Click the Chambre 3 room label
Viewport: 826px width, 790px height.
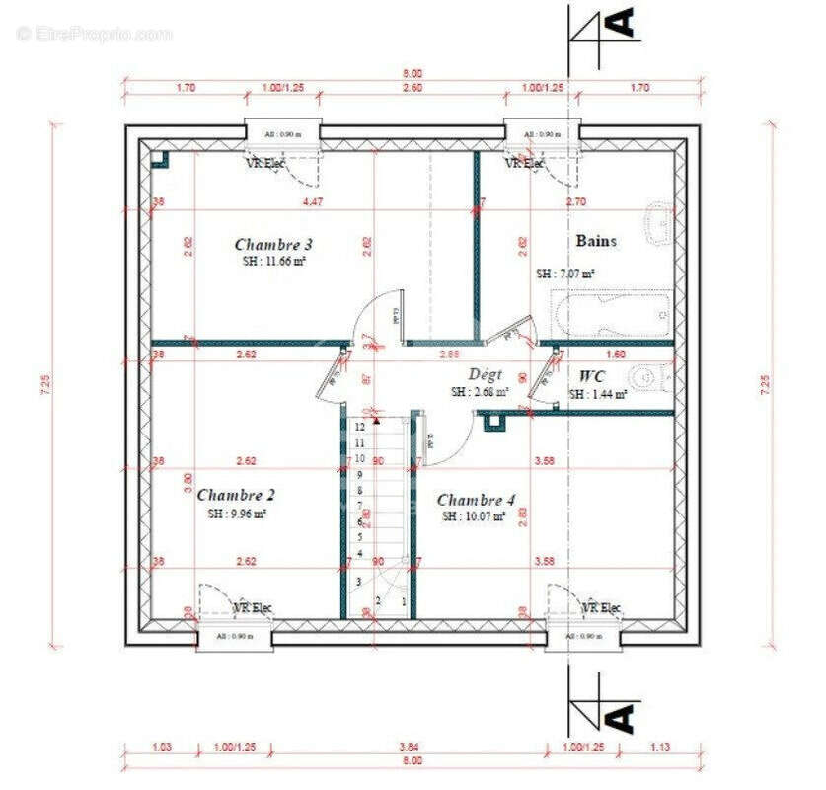tap(273, 244)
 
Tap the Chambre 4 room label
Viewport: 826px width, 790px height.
tap(476, 500)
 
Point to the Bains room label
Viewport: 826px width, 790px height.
tap(596, 240)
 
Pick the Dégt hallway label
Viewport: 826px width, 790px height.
tap(485, 374)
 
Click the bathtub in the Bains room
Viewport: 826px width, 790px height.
tap(612, 315)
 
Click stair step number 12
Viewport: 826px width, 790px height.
tap(361, 427)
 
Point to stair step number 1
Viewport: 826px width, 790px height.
tap(403, 599)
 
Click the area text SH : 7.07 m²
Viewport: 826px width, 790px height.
tap(564, 273)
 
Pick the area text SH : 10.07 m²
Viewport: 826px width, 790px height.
tap(474, 516)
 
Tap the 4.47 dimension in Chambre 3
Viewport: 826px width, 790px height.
tap(313, 202)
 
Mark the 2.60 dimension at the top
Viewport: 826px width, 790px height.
tap(413, 88)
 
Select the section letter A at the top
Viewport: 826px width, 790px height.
tap(621, 22)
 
